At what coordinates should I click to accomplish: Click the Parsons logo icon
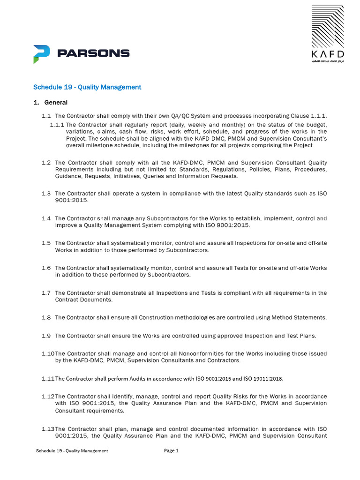[x=41, y=53]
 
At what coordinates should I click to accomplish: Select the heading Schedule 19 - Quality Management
[x=87, y=87]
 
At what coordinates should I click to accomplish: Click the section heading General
[x=56, y=102]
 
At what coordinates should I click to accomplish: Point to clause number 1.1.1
[x=57, y=125]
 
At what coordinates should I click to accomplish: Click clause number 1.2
[x=46, y=162]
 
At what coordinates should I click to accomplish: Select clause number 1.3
[x=46, y=193]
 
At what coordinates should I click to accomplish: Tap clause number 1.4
[x=46, y=218]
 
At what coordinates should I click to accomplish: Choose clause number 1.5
[x=46, y=243]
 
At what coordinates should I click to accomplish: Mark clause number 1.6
[x=46, y=268]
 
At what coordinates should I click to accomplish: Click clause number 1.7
[x=46, y=292]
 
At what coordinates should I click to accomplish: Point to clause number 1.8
[x=46, y=317]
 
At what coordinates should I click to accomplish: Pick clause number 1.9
[x=46, y=336]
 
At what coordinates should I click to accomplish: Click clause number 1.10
[x=47, y=353]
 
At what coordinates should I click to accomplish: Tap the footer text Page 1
[x=171, y=451]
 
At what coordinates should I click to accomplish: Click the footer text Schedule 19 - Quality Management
[x=72, y=451]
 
